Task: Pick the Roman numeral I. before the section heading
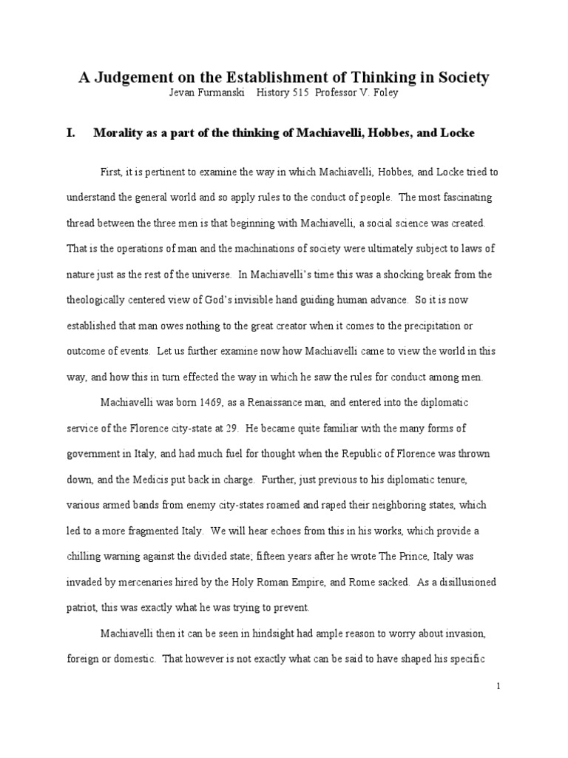[72, 133]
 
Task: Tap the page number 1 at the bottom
[499, 687]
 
